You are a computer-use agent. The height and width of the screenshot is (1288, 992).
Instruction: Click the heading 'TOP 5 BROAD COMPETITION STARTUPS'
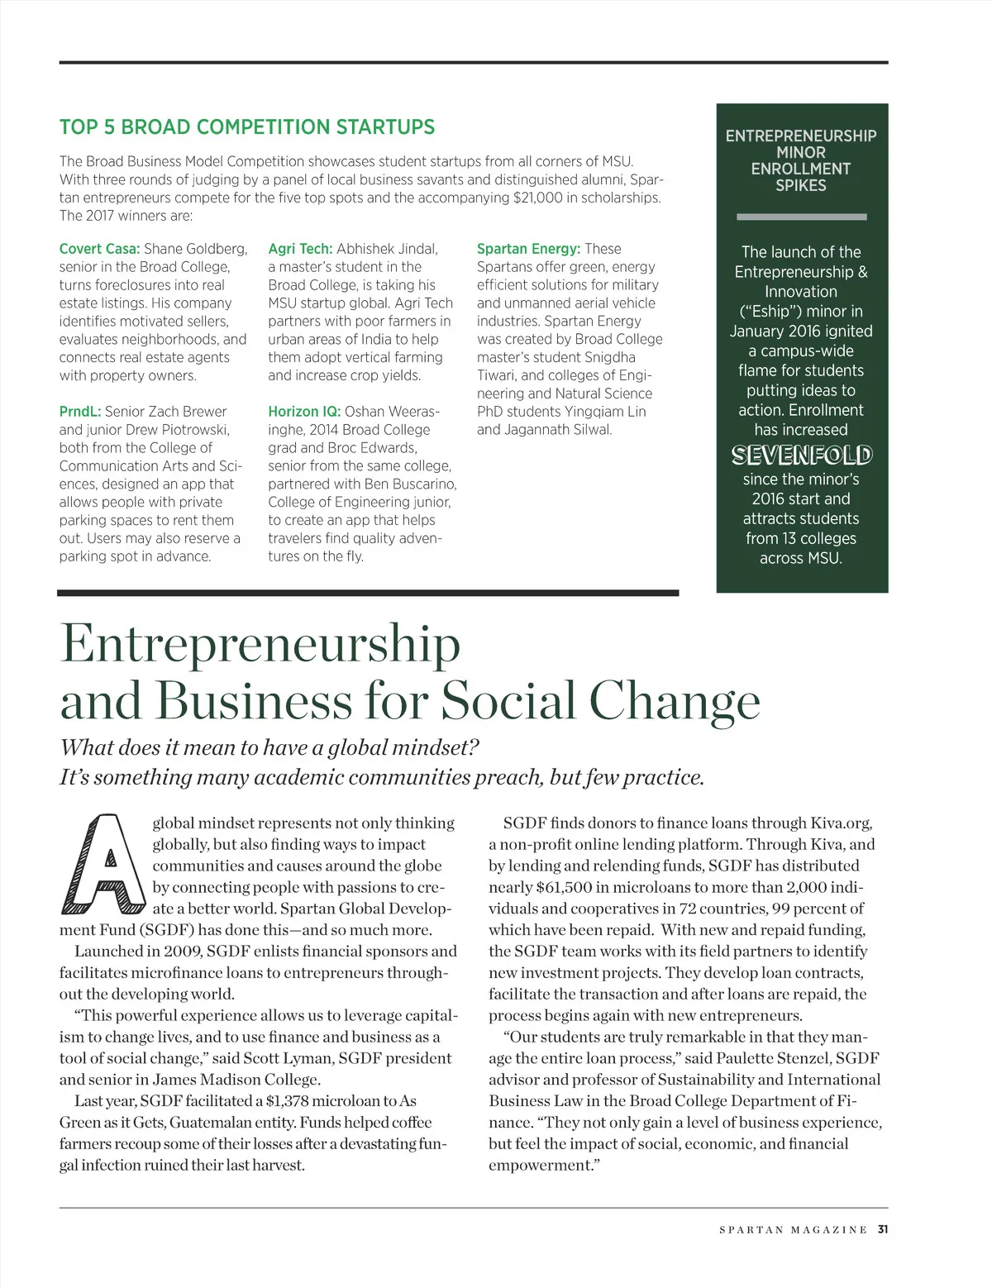(246, 127)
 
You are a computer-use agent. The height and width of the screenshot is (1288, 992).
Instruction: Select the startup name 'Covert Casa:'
(99, 249)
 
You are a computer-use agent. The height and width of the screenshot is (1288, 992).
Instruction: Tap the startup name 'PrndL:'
(79, 412)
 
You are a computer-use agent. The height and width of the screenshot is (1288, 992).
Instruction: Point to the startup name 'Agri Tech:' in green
(300, 249)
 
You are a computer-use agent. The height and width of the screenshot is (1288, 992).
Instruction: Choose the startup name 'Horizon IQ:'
(303, 412)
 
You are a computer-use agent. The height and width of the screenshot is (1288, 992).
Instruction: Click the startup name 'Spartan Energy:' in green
(528, 249)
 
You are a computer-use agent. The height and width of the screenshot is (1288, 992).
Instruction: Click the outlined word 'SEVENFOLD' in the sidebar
(801, 455)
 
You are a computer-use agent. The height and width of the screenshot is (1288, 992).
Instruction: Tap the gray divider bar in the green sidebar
(801, 217)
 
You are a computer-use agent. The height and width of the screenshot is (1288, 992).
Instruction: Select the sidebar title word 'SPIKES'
(801, 186)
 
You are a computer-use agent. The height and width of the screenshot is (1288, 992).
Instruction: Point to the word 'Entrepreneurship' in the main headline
(260, 643)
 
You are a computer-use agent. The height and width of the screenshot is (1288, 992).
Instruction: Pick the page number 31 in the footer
(883, 1229)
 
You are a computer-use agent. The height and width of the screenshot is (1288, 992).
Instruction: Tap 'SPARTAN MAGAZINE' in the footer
(793, 1230)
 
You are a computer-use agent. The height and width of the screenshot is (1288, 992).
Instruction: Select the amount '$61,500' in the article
(565, 888)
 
